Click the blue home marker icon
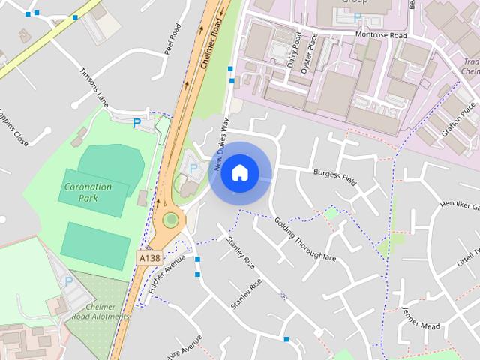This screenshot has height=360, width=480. pyautogui.click(x=239, y=172)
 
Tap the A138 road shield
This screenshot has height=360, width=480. pyautogui.click(x=149, y=257)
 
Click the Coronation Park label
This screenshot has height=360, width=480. pyautogui.click(x=88, y=192)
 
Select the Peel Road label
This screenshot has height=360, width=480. pyautogui.click(x=172, y=41)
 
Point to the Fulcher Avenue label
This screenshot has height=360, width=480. pyautogui.click(x=166, y=273)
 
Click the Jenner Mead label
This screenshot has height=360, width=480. pyautogui.click(x=420, y=319)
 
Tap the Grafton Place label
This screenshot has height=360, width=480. pyautogui.click(x=458, y=119)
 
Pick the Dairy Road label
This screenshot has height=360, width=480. pyautogui.click(x=295, y=49)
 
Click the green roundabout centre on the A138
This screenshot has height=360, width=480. pyautogui.click(x=172, y=220)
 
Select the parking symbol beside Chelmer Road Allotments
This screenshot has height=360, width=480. pyautogui.click(x=68, y=281)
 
